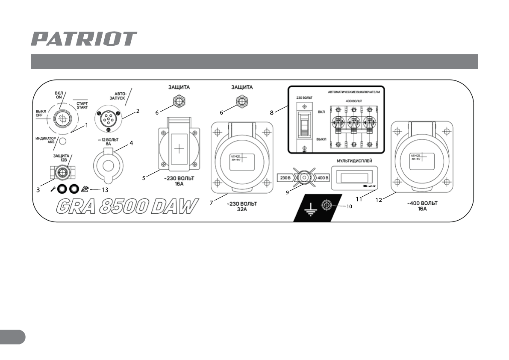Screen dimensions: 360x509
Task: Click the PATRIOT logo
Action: pos(84,39)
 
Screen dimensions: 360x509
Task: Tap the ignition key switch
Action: pos(63,118)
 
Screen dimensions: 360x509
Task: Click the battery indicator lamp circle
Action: pos(63,142)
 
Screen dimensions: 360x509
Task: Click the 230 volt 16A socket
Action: pos(179,148)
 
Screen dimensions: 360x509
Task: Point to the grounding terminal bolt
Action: pos(327,205)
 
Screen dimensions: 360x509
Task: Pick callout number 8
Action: pos(272,114)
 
